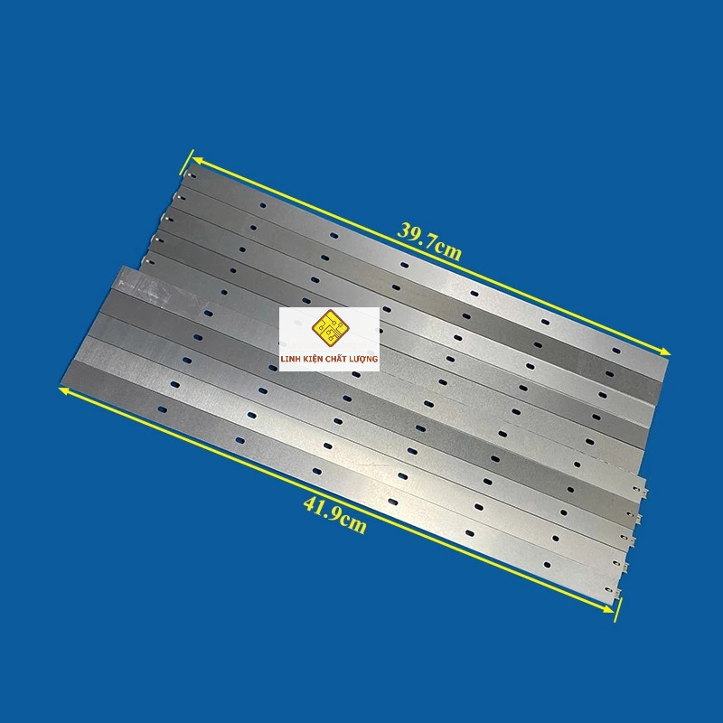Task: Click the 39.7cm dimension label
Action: (x=429, y=241)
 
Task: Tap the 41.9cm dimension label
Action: (x=335, y=515)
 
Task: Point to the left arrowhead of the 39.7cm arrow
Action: (x=197, y=160)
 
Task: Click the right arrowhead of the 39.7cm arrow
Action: (x=664, y=352)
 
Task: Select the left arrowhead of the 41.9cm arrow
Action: (x=64, y=390)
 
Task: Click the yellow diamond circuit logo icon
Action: (x=330, y=328)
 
